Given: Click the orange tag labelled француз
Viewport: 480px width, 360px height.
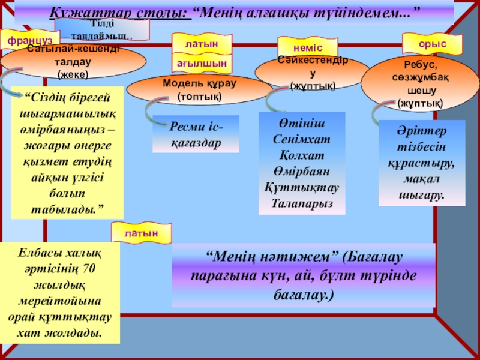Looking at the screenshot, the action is (x=26, y=40).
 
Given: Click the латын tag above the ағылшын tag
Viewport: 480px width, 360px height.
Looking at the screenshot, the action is (x=202, y=44).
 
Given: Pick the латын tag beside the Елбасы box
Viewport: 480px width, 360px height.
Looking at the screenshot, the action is (x=142, y=232).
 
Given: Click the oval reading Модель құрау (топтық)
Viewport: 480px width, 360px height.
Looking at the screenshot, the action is (x=199, y=89).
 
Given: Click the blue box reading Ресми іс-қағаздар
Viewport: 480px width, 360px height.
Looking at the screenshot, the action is (x=196, y=135).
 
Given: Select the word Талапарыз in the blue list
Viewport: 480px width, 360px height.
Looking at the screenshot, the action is (x=301, y=203).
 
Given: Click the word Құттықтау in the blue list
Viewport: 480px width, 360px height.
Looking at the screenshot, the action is (x=301, y=187).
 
